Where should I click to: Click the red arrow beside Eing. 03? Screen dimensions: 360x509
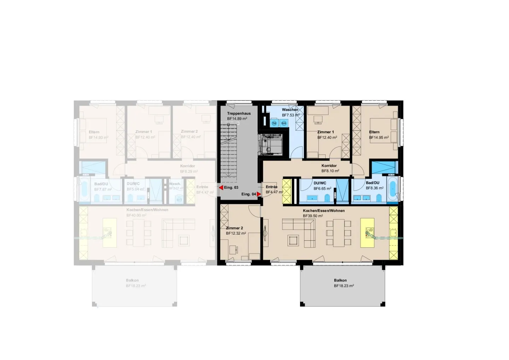(221, 187)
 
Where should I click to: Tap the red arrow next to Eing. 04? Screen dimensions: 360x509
(259, 194)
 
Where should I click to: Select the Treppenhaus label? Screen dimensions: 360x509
(239, 114)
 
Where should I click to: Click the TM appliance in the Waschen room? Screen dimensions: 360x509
(274, 123)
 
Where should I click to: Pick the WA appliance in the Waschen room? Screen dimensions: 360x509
(283, 123)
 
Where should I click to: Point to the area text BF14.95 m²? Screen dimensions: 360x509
(379, 138)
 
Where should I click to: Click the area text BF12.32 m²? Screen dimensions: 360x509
(236, 233)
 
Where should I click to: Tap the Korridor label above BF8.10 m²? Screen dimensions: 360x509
(329, 166)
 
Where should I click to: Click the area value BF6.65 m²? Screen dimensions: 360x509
(322, 188)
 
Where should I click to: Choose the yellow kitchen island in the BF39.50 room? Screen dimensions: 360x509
(367, 233)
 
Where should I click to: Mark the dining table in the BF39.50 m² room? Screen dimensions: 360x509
(339, 232)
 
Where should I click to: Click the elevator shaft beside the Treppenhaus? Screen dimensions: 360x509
(271, 144)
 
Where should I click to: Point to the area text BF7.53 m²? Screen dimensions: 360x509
(291, 115)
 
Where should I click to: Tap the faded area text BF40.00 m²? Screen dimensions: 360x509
(136, 215)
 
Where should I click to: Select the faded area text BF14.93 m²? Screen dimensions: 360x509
(98, 138)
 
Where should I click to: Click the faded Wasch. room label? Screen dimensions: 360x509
(175, 184)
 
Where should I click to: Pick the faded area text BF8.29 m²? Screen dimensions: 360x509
(189, 172)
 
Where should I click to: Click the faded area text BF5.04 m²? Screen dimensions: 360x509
(135, 189)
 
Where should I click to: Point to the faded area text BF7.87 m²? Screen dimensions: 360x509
(103, 190)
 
